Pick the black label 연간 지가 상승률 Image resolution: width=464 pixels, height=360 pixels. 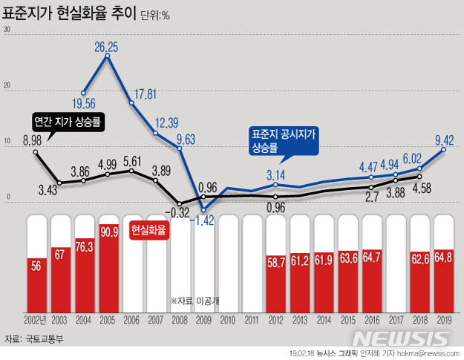click(69, 121)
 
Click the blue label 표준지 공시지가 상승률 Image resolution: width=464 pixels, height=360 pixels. click(284, 140)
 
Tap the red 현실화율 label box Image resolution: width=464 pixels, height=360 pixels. click(148, 230)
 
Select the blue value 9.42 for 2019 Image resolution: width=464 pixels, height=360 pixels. click(444, 139)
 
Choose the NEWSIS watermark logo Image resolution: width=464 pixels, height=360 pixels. click(416, 338)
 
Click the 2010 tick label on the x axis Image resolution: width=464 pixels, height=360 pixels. click(228, 320)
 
